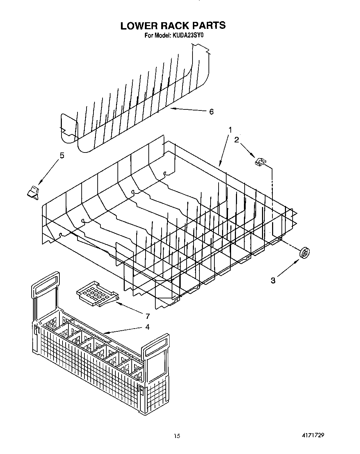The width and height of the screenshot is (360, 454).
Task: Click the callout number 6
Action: tap(211, 112)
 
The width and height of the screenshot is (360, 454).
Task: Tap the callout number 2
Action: tap(236, 140)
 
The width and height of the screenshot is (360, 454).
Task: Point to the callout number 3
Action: tap(273, 281)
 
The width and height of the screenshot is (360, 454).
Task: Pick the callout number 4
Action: tap(147, 327)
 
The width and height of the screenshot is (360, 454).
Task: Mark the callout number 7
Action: tap(147, 316)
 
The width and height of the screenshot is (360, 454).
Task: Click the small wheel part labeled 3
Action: tap(305, 254)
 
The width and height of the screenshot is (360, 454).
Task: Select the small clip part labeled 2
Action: tap(260, 162)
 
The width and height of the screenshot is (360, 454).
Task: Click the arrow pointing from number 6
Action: tap(188, 110)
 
